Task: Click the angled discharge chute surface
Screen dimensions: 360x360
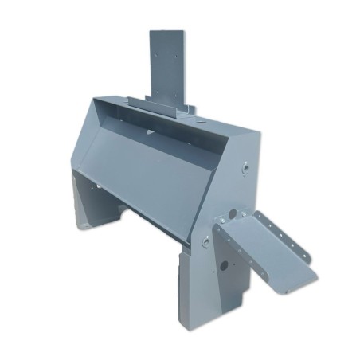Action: (275, 247)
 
